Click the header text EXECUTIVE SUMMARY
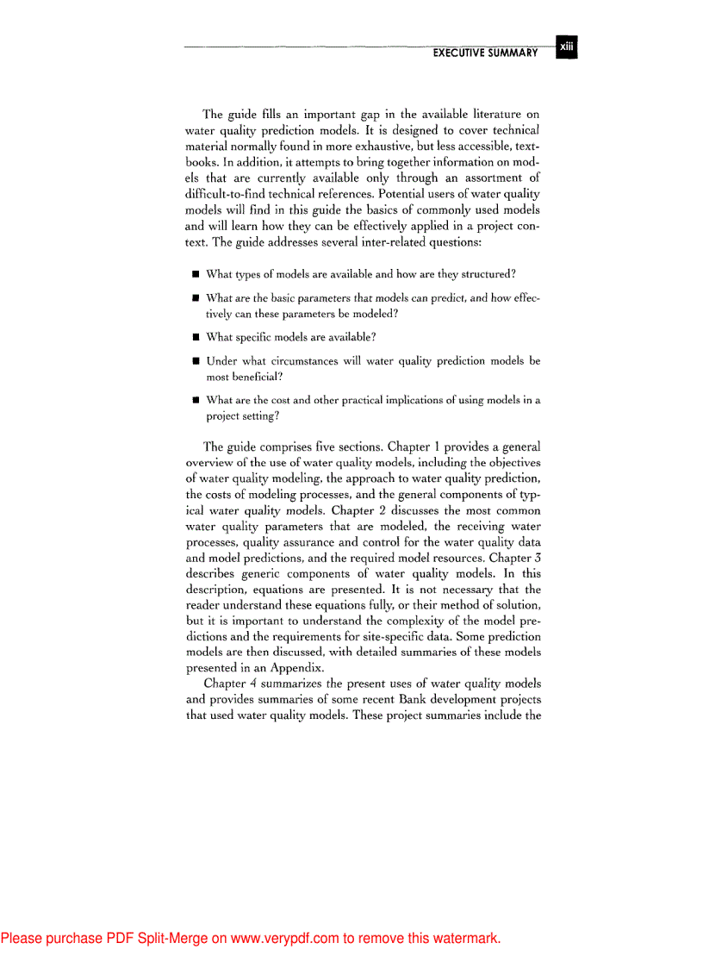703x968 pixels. pos(485,53)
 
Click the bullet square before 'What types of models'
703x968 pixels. pos(196,275)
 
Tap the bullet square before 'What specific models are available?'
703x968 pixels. pos(196,336)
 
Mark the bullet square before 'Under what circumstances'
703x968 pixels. pos(196,362)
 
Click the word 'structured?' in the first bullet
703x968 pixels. pos(487,274)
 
